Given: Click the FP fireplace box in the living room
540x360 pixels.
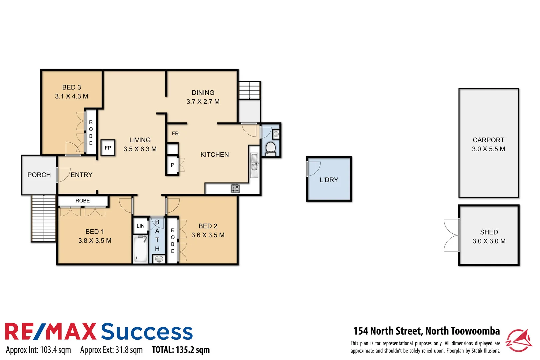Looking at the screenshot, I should (x=108, y=148).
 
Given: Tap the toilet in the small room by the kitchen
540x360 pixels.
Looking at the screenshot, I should (x=270, y=148).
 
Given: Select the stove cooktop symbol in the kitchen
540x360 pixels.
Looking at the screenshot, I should (x=235, y=189).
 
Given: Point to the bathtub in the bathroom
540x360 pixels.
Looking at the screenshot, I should (x=140, y=249).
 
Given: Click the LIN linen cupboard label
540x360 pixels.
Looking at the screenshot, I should (x=140, y=226).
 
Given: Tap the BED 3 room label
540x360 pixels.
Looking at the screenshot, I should (x=71, y=87).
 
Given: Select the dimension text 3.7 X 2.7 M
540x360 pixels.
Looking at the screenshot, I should (x=203, y=102).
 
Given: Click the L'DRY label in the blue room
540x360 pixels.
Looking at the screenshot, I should (x=329, y=180).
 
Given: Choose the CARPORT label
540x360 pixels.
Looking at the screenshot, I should (x=488, y=140).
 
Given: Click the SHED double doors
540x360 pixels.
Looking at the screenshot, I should (x=451, y=235).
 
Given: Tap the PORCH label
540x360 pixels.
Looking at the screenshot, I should (x=39, y=175).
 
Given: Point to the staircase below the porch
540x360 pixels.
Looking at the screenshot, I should (x=44, y=218).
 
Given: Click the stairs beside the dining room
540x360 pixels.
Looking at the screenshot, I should (x=249, y=90).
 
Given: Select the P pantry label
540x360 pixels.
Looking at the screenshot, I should (x=172, y=165).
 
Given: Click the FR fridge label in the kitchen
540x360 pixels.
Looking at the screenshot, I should (x=175, y=134).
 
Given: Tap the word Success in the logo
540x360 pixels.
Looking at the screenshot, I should (x=147, y=332).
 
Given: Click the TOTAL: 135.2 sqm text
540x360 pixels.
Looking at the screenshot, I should (x=181, y=350).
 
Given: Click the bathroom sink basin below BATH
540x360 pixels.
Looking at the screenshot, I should (x=159, y=259).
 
